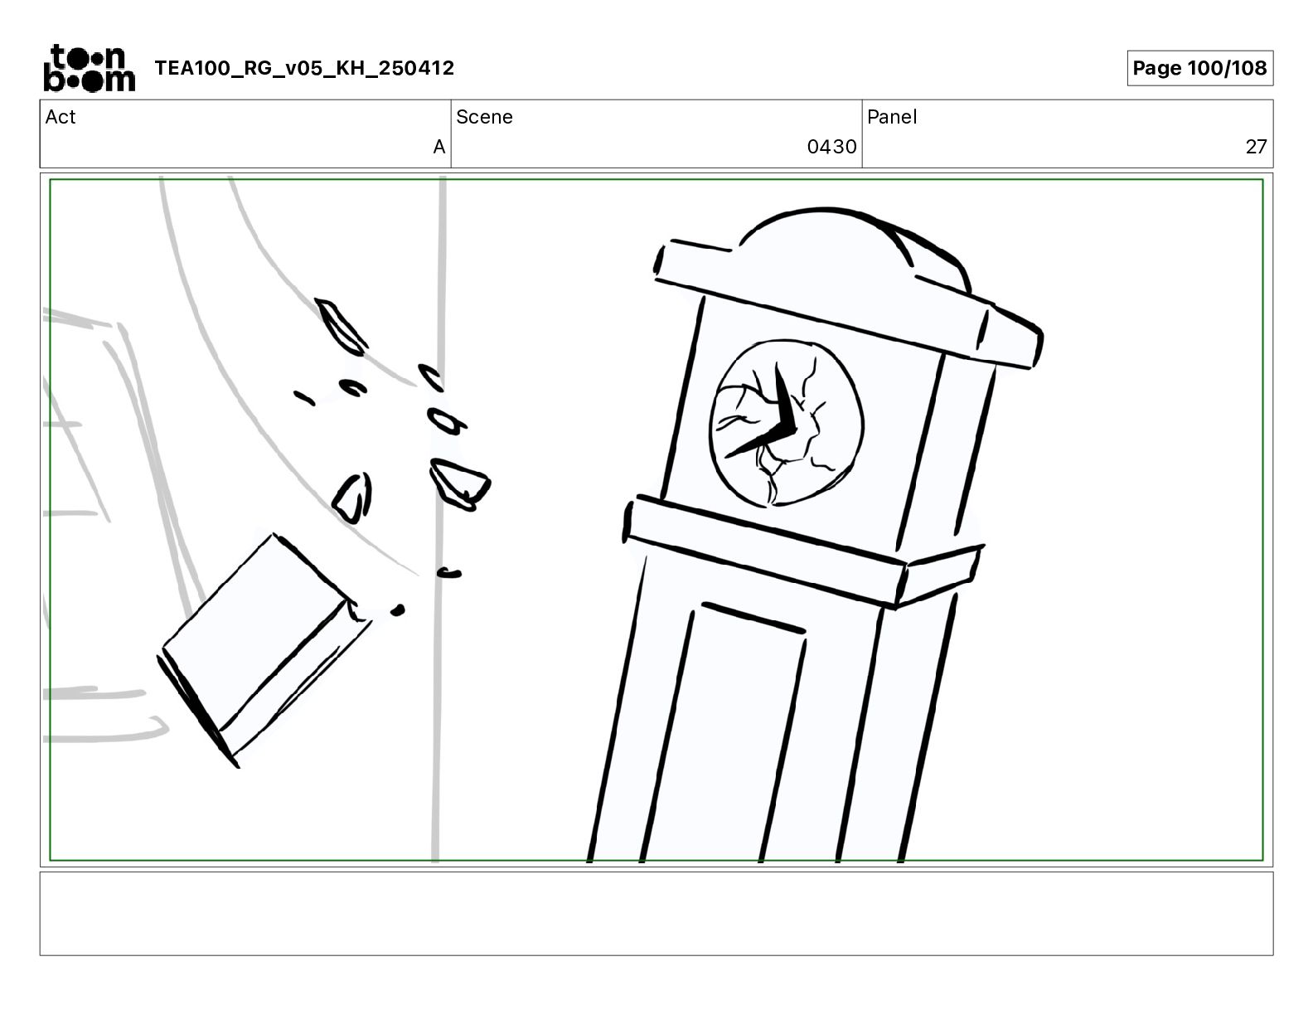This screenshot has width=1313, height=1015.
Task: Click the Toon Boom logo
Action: [x=90, y=68]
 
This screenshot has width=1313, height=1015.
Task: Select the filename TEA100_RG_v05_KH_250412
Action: [x=304, y=68]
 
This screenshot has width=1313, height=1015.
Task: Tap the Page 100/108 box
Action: [x=1199, y=68]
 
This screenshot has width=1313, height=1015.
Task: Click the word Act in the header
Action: [x=61, y=117]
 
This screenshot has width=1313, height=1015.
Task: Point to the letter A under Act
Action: [x=439, y=146]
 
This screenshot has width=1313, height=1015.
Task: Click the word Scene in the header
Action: [x=484, y=117]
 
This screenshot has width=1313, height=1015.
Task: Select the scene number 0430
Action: [x=831, y=146]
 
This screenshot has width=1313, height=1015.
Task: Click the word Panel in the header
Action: [x=892, y=117]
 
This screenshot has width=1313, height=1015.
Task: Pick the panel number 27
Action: [x=1256, y=146]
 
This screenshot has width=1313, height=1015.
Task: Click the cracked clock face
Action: [x=786, y=423]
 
